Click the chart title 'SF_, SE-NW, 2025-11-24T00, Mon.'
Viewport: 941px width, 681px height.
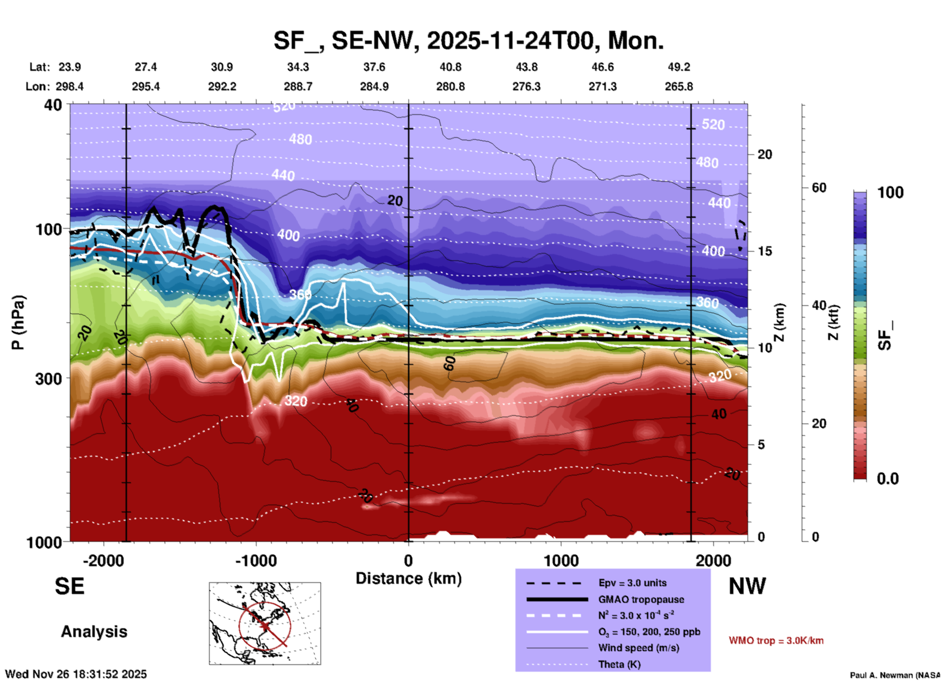tap(468, 40)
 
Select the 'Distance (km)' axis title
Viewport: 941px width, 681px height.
tap(408, 578)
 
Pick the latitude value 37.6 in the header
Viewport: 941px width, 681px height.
tap(374, 67)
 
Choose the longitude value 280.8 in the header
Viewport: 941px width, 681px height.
tap(450, 86)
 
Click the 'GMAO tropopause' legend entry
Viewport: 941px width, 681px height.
tap(641, 599)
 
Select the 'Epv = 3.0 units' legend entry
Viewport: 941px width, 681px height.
tap(632, 583)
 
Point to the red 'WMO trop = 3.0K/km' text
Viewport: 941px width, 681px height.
tap(776, 640)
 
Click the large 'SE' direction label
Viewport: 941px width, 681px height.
tap(69, 586)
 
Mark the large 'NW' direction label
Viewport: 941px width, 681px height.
tap(747, 586)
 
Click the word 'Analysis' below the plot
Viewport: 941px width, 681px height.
tap(94, 632)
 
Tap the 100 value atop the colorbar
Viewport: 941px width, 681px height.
tap(890, 192)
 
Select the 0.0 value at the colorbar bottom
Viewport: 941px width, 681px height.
tap(888, 479)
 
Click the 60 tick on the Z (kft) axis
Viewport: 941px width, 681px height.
tap(819, 188)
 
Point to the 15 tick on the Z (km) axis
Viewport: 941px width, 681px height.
tap(765, 251)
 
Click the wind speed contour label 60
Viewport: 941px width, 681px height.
tap(449, 363)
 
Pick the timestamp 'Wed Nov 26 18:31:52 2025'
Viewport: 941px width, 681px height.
tap(76, 674)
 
